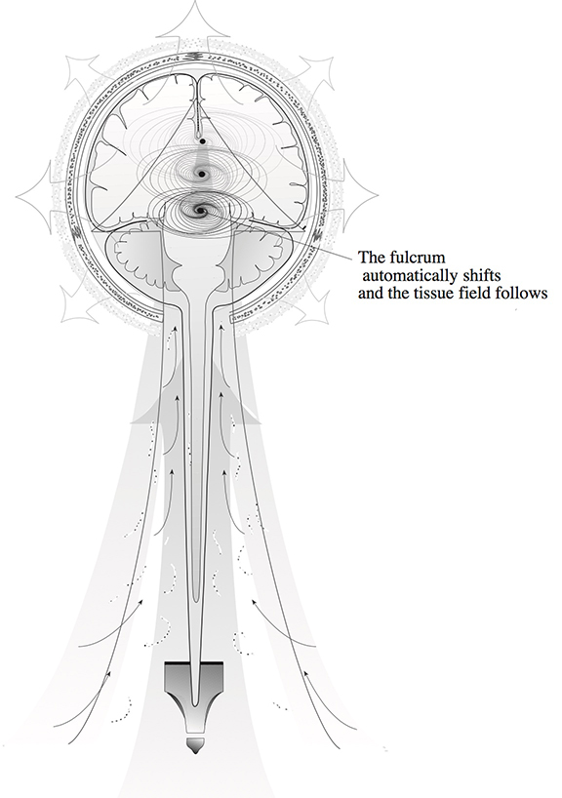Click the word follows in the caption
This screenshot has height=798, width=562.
524,294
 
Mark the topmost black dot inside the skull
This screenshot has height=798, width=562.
203,141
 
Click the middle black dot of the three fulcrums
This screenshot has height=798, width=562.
202,175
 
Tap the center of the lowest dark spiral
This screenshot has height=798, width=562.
200,210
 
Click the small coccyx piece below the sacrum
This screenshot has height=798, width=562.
195,744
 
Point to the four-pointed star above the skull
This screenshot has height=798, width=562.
195,25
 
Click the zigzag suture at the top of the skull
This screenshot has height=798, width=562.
196,56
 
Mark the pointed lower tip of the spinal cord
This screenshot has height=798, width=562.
195,705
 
